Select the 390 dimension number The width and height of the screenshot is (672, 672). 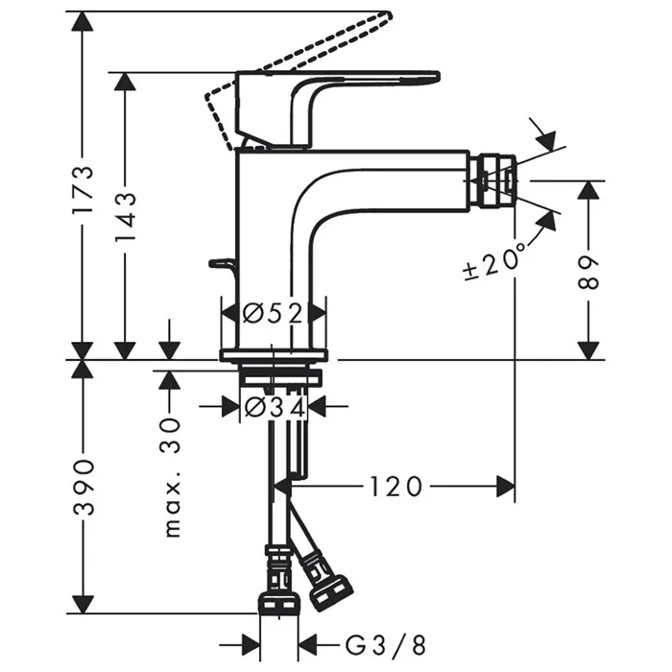click(x=84, y=486)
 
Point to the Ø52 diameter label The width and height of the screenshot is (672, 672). click(x=274, y=313)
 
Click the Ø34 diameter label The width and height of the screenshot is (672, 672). click(x=274, y=407)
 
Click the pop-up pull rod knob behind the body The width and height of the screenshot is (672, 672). click(x=220, y=262)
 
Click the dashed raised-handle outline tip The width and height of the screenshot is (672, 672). click(x=384, y=18)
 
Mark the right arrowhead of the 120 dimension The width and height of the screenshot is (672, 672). click(x=506, y=487)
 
